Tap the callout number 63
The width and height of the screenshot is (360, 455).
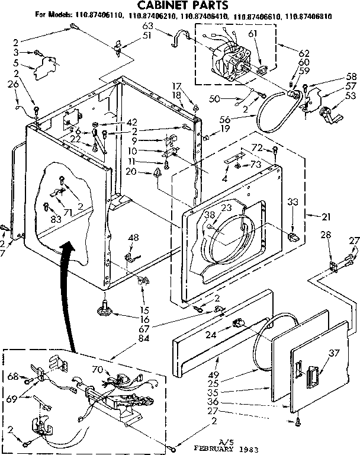(148, 26)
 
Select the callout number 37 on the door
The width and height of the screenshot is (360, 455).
(335, 354)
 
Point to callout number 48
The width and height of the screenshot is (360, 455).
(133, 238)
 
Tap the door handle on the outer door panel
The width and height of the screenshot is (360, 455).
(312, 374)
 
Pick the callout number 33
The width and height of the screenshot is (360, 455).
(292, 201)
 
